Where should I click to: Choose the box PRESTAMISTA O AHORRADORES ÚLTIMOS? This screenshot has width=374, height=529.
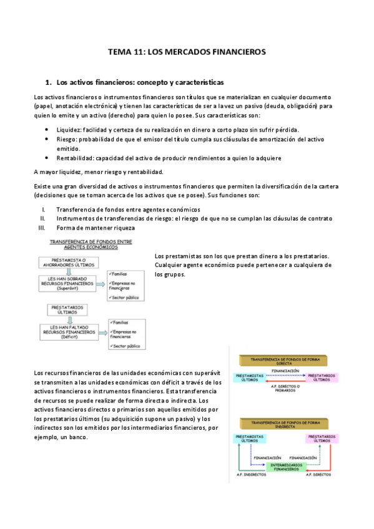point(67,263)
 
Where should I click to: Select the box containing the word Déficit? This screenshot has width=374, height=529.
point(66,331)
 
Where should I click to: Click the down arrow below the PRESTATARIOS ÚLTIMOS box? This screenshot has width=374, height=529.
point(66,318)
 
